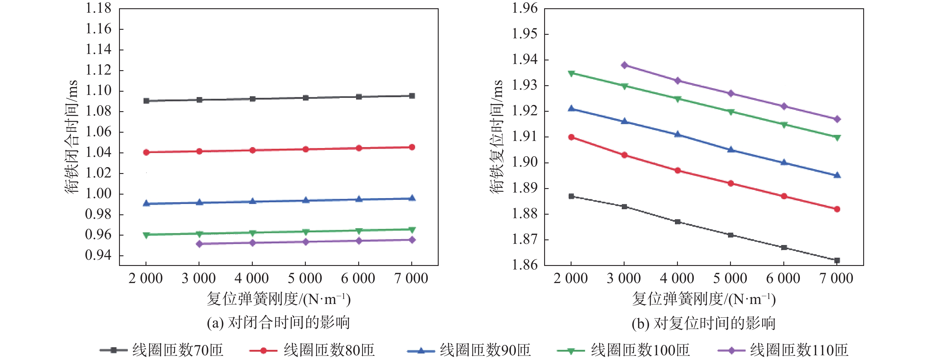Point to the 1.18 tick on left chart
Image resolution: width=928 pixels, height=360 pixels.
pyautogui.click(x=98, y=8)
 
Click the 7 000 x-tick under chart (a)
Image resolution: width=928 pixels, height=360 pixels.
pyautogui.click(x=411, y=279)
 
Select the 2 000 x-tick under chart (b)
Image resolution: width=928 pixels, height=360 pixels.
pyautogui.click(x=571, y=279)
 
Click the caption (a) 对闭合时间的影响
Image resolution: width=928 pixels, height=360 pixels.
pyautogui.click(x=278, y=322)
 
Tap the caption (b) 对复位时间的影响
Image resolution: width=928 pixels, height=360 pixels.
pyautogui.click(x=703, y=323)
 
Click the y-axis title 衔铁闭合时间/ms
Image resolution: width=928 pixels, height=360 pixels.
pyautogui.click(x=71, y=137)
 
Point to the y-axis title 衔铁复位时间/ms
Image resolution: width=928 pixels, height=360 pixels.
pyautogui.click(x=496, y=137)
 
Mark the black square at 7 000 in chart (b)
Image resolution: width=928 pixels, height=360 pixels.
pyautogui.click(x=837, y=260)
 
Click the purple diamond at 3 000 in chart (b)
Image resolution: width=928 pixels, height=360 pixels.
pyautogui.click(x=624, y=65)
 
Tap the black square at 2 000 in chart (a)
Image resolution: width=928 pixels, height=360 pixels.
pyautogui.click(x=146, y=101)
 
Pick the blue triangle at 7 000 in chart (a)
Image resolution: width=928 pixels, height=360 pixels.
pyautogui.click(x=412, y=198)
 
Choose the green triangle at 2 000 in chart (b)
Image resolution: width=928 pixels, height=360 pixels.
pyautogui.click(x=571, y=73)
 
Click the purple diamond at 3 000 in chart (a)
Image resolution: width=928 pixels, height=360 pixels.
pyautogui.click(x=199, y=244)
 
